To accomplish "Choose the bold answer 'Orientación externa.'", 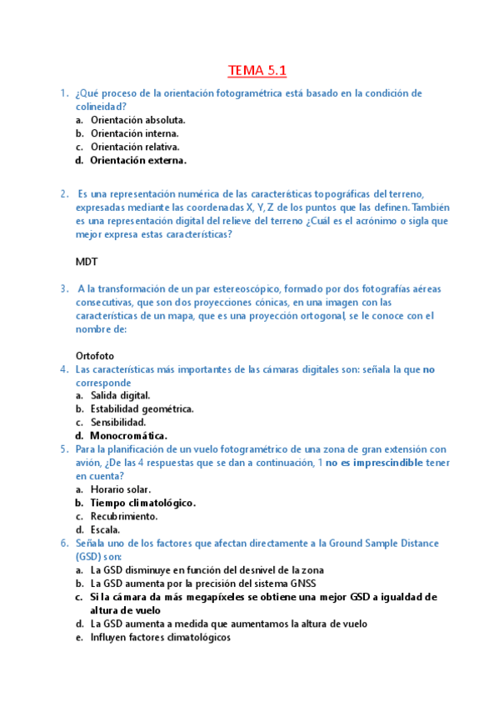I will [138, 160].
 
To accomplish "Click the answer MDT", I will [87, 261].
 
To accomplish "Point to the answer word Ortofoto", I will [95, 355].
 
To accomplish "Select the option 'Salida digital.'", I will [121, 395].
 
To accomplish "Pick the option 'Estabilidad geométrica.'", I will [142, 409].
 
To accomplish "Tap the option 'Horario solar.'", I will [121, 489].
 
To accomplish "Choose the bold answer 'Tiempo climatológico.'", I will [143, 503].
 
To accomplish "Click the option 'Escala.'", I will [106, 529].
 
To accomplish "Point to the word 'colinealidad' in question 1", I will [101, 107].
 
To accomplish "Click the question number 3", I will [64, 288].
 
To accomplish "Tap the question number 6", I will [64, 543].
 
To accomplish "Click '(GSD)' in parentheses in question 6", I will [87, 556].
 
